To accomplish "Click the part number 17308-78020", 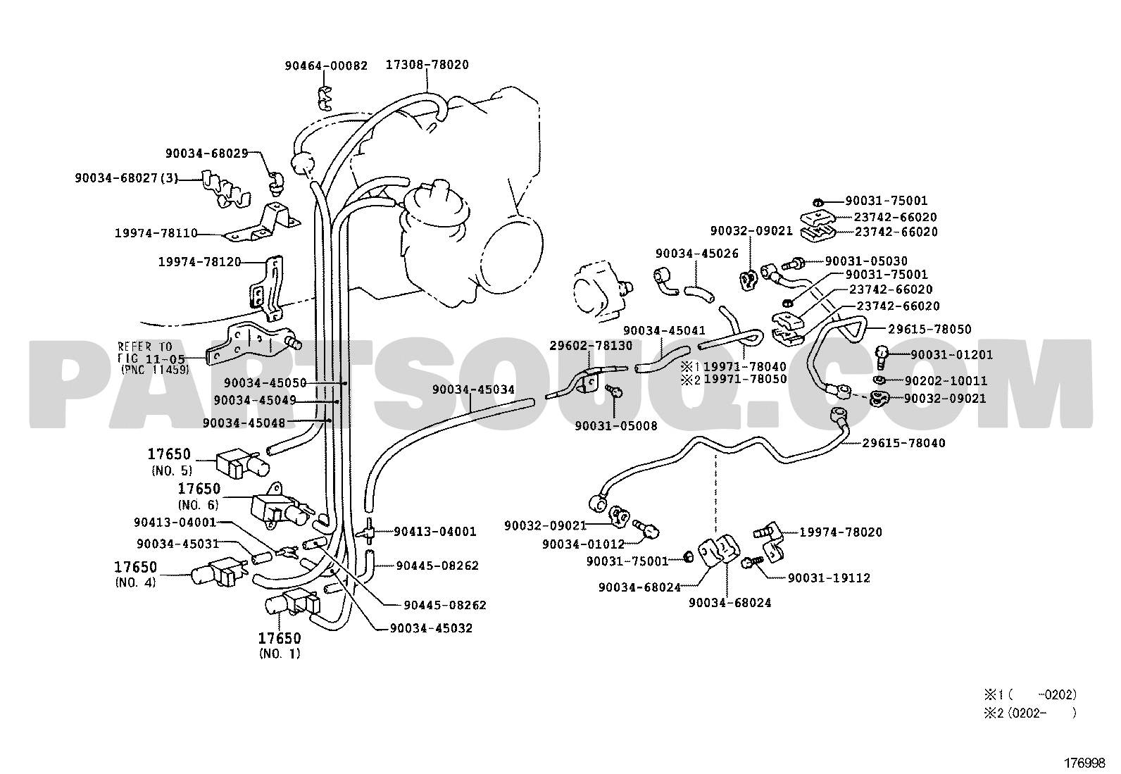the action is (427, 65).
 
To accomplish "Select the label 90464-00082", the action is (326, 65).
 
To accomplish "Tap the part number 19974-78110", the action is (156, 233).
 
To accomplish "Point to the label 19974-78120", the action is (200, 262).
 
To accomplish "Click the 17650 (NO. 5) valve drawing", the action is (243, 463).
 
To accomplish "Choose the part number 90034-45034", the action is (473, 389).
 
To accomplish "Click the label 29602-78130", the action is (591, 345).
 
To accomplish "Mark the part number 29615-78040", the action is (904, 443).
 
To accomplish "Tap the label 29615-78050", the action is (930, 329).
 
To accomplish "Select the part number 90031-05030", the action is (866, 261).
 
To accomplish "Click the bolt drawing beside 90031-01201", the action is (882, 357).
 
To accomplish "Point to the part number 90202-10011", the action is (946, 380).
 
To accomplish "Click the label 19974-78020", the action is (841, 532).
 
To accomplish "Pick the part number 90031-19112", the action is (829, 578).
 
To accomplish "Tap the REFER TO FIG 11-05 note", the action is (153, 358).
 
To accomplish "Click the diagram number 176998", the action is (1084, 763).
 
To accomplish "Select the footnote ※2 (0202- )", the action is (1030, 713).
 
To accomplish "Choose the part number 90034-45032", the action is (431, 628).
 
